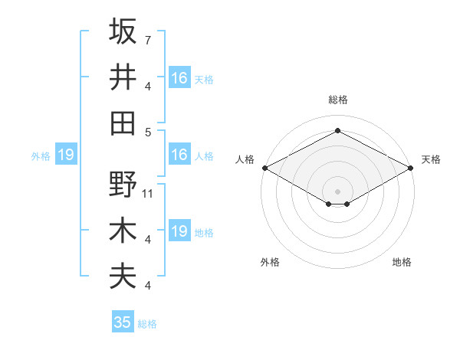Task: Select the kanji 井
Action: (123, 77)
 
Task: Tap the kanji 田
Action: (123, 122)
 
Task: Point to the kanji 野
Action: (123, 185)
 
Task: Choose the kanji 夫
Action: (123, 276)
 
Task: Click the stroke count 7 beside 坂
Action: (147, 40)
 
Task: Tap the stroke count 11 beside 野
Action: (148, 194)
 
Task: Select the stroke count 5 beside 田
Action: (147, 131)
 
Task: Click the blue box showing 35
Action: (123, 322)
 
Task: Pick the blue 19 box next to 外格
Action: (65, 155)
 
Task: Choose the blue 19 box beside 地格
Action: (179, 231)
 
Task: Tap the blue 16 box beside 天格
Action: (179, 78)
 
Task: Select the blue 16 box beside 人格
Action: (179, 155)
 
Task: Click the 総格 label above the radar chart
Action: (337, 100)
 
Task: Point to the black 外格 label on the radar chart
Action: (270, 262)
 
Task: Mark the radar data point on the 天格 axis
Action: (412, 168)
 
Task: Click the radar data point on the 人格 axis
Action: (264, 168)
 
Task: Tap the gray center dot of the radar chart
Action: (337, 190)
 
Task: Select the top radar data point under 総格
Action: (337, 130)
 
